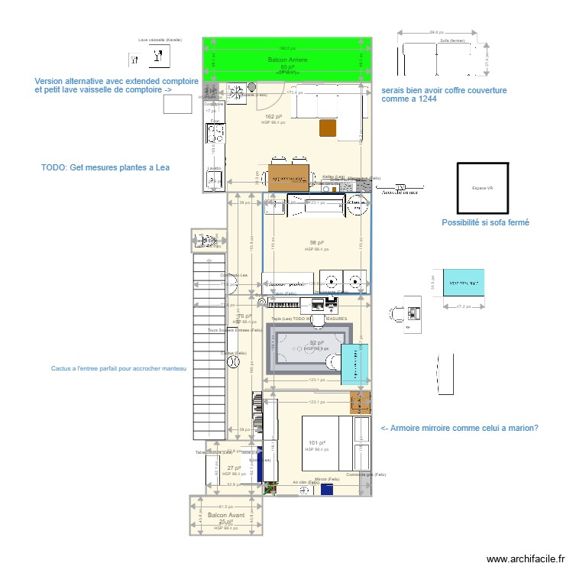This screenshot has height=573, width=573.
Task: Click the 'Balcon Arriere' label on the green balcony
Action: [287, 60]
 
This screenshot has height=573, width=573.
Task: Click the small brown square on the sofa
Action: [328, 128]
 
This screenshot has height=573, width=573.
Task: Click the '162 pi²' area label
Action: [274, 116]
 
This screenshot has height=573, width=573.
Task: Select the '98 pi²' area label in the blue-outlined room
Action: [316, 242]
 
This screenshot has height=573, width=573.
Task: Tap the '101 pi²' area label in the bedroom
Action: [317, 442]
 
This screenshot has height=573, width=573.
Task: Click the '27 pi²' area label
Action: [234, 468]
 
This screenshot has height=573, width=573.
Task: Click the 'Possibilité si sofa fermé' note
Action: [485, 223]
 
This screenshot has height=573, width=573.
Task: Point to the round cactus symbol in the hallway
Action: [228, 364]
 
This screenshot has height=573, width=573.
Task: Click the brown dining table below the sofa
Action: [289, 176]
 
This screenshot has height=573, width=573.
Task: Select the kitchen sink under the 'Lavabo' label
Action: [214, 180]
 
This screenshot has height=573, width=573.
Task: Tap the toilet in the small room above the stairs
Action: [205, 241]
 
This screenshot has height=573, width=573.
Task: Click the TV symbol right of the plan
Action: [400, 188]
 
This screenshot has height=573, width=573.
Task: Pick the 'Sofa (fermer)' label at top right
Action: [458, 40]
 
